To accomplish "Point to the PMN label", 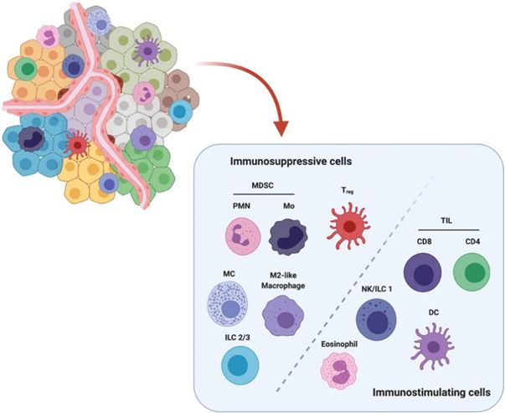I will point(239,206).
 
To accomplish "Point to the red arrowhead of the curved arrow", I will point(281,128).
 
